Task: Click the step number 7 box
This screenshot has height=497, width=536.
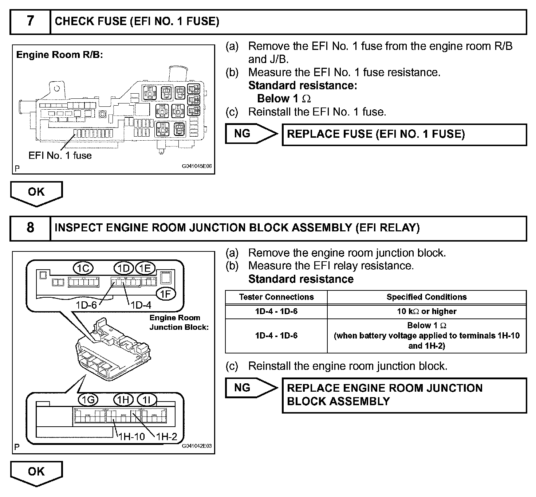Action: coord(30,21)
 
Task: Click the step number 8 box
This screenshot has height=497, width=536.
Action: coord(30,228)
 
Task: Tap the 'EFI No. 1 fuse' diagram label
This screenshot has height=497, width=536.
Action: coord(60,156)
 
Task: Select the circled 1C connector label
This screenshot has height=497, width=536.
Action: coord(83,269)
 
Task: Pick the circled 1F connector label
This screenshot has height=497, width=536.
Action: coord(166,294)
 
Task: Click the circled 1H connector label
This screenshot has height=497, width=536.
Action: coord(123,400)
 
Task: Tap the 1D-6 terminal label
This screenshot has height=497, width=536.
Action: coord(86,305)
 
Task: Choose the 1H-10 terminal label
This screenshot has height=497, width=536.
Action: coord(131,436)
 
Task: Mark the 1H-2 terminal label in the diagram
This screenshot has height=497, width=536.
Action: coord(166,436)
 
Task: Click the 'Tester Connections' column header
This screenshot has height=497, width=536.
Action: coord(276,297)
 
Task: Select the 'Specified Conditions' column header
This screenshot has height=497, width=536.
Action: coord(426,297)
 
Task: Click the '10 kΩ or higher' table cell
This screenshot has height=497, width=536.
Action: coord(426,312)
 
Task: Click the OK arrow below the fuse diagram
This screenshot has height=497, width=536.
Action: coord(36,192)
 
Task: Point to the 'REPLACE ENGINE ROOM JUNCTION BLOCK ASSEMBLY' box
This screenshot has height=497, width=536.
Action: coord(404,395)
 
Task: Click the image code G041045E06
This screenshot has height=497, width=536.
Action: coord(197,167)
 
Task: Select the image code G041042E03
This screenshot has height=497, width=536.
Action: coord(197,446)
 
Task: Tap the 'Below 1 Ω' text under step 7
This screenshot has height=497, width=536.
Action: coord(284,99)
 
